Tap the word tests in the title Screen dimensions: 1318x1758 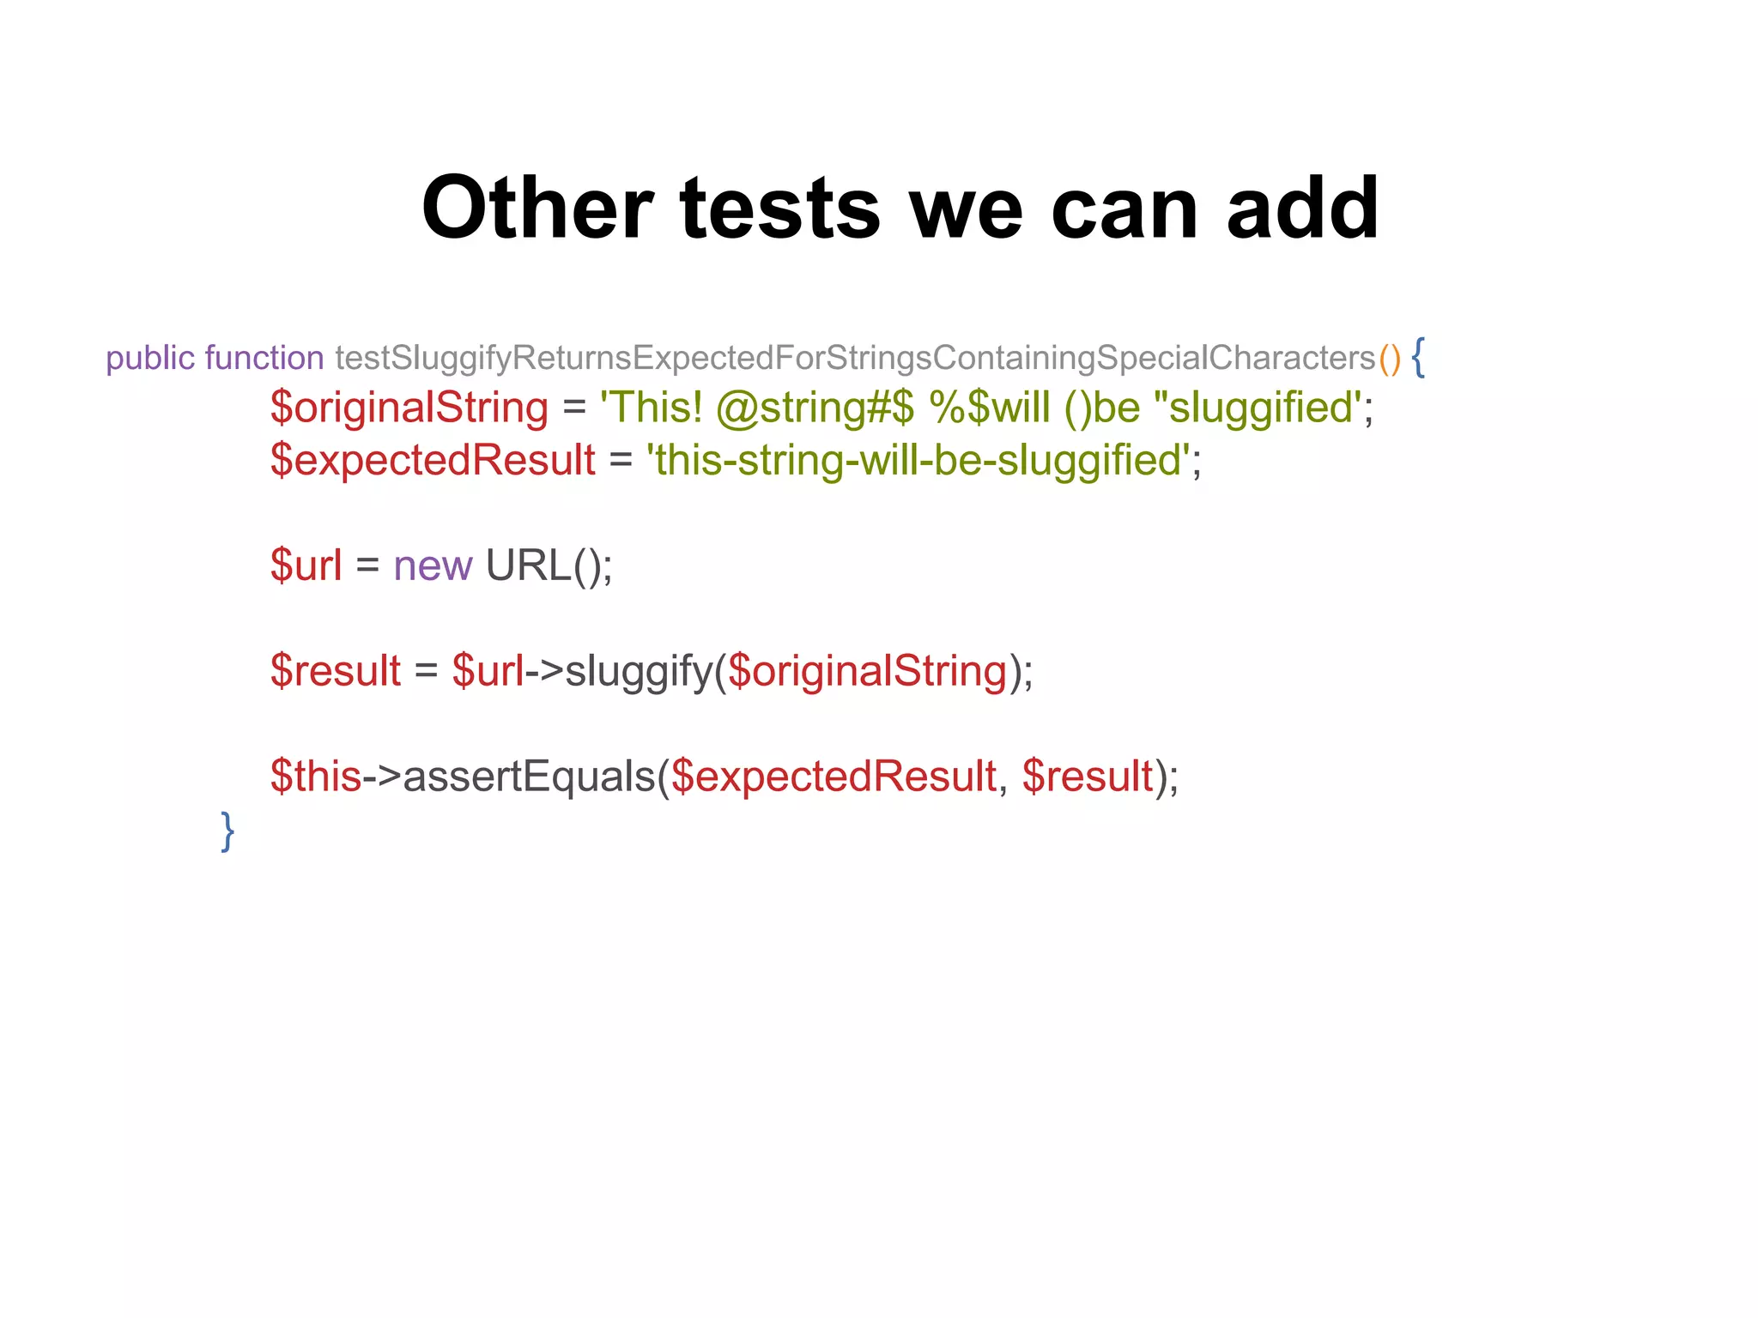click(779, 209)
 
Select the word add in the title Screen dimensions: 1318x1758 click(1302, 209)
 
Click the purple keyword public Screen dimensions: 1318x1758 click(150, 359)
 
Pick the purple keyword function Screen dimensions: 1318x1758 click(264, 359)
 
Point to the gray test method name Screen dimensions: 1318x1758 click(855, 359)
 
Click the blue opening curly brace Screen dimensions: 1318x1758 click(1418, 357)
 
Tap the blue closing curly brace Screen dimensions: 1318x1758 click(227, 831)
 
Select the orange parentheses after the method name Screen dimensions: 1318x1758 click(1390, 359)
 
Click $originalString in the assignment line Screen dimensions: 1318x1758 click(409, 408)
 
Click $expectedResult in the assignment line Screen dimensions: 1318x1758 click(433, 460)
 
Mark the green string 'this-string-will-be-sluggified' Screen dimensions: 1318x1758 click(918, 460)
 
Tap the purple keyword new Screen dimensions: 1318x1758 click(433, 566)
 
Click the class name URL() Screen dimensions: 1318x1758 click(548, 566)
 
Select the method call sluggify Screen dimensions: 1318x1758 click(640, 671)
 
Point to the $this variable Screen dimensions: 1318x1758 click(315, 777)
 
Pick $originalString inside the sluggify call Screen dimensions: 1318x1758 click(867, 671)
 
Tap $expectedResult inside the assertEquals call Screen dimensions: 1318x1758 click(834, 777)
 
